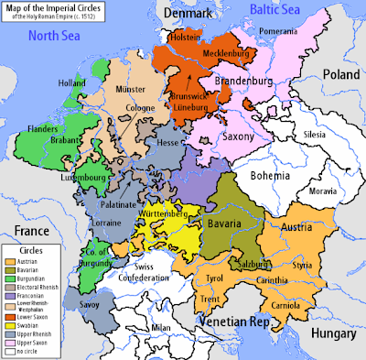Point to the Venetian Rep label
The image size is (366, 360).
(x=229, y=322)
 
